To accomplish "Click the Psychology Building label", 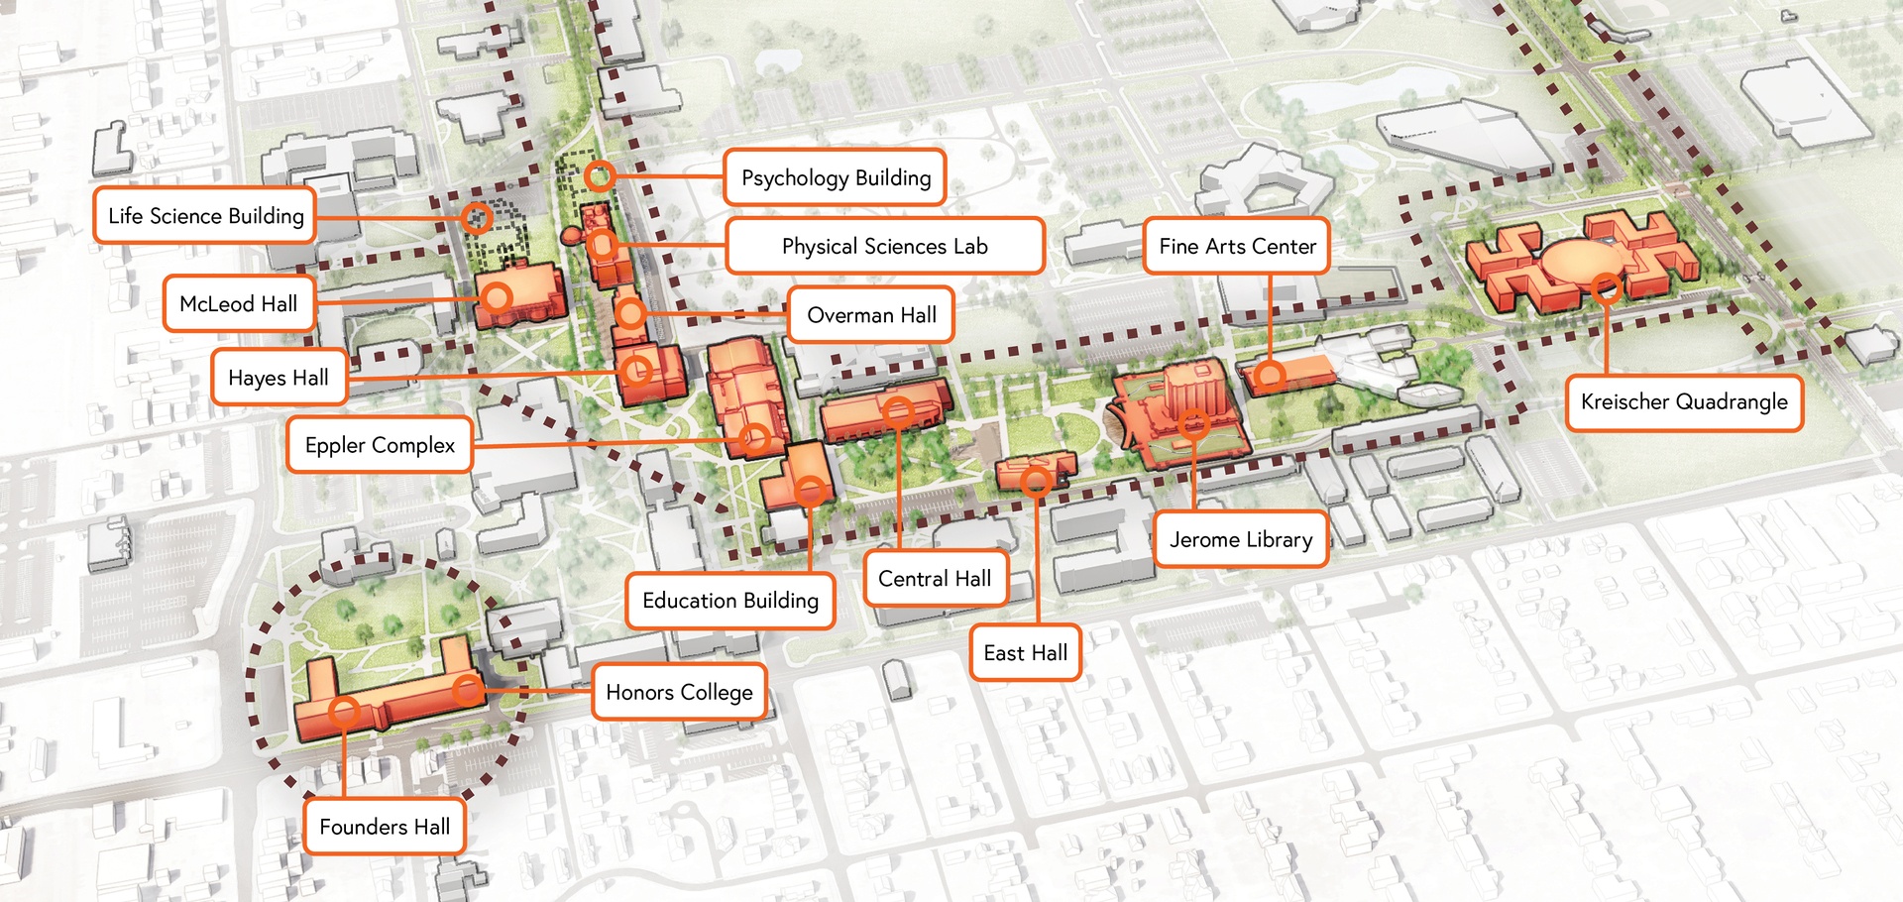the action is point(835,178).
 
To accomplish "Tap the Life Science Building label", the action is point(205,216).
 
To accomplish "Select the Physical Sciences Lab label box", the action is point(884,247).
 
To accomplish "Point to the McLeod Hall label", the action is point(238,304).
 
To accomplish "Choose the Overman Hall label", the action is point(870,315).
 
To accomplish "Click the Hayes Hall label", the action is point(279,378).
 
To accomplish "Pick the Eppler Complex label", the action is point(380,445).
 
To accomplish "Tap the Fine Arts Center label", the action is point(1237,246).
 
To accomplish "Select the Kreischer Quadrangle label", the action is point(1683,401).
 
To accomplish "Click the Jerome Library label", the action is point(1240,539).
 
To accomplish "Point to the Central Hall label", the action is point(935,579).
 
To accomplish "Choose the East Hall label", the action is point(1025,652).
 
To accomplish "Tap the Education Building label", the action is point(730,601).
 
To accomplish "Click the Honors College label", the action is point(679,692).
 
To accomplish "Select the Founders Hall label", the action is point(385,827).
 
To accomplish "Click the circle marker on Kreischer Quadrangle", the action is point(1606,288).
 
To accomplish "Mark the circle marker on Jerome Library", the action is point(1193,424).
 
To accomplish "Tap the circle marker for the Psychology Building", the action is point(599,176).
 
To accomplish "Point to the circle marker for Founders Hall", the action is point(344,710).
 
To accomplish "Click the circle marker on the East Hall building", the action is point(1036,482).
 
